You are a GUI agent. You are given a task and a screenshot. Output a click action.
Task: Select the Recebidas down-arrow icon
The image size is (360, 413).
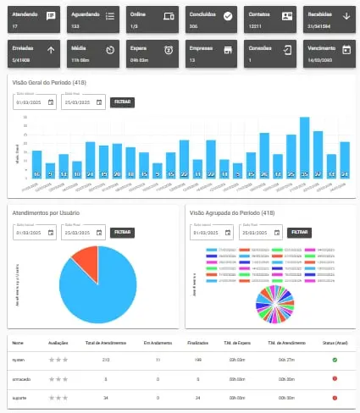346,15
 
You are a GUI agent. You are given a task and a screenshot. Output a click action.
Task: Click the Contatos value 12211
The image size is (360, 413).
255,26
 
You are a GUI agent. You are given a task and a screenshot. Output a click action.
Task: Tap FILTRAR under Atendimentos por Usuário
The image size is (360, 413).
123,232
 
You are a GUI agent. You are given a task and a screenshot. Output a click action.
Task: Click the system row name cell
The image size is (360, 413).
19,360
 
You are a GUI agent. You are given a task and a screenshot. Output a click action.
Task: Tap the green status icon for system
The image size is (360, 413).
335,360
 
